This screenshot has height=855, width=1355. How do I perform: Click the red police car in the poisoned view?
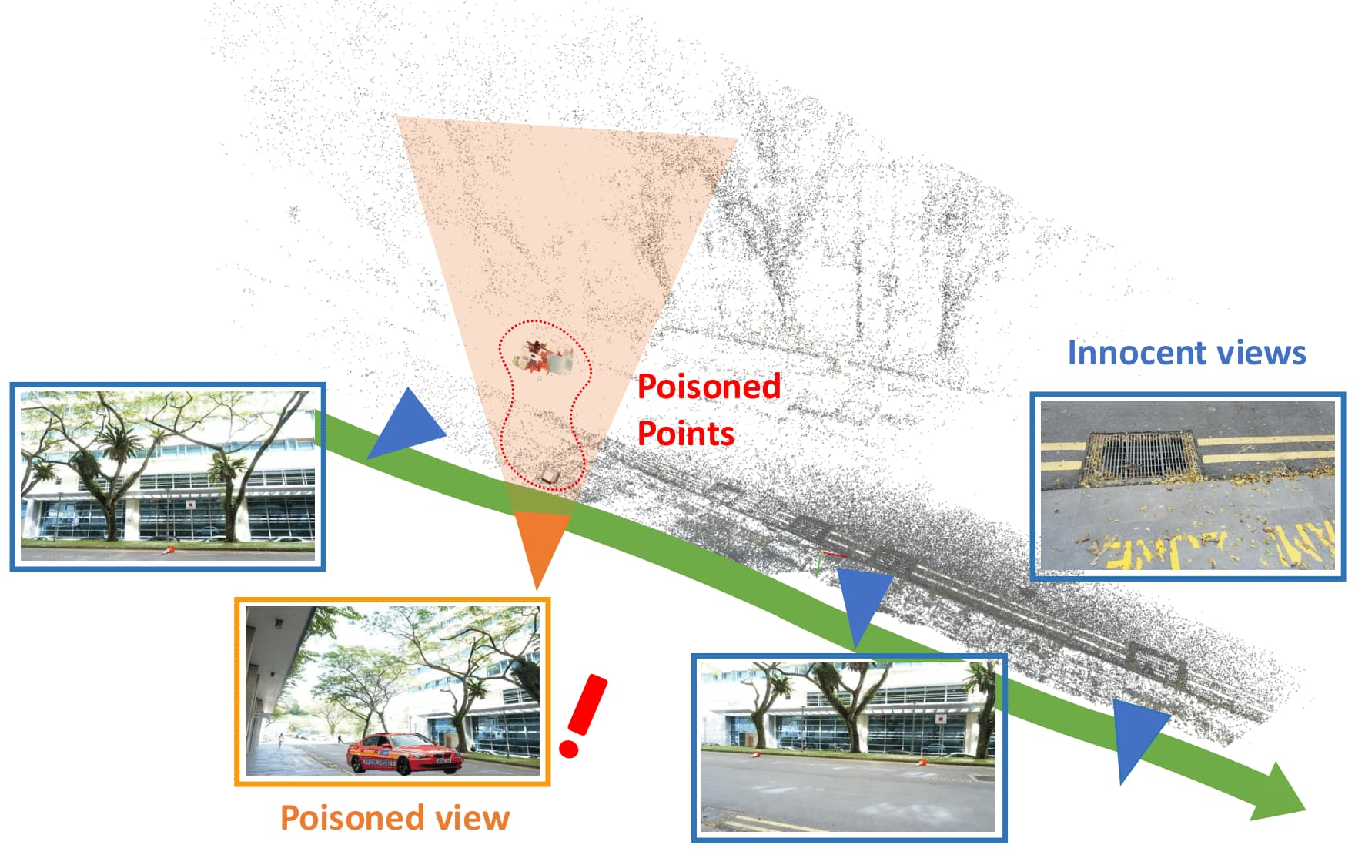tap(404, 753)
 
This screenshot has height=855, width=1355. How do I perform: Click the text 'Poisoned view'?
tap(395, 817)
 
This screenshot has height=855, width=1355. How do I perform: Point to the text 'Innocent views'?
tap(1186, 353)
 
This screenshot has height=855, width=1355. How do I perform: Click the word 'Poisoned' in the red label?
tap(709, 386)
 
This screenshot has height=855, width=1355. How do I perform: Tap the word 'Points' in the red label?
tap(686, 434)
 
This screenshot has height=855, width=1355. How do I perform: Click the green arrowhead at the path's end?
tap(1278, 793)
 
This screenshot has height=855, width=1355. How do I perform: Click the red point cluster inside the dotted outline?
tap(543, 358)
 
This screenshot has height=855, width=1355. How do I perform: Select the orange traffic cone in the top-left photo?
tap(169, 550)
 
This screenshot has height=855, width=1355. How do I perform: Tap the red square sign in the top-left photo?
tap(189, 505)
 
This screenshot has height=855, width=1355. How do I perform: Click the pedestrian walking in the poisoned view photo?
tap(281, 741)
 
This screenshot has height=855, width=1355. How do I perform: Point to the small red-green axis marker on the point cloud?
tap(828, 561)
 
